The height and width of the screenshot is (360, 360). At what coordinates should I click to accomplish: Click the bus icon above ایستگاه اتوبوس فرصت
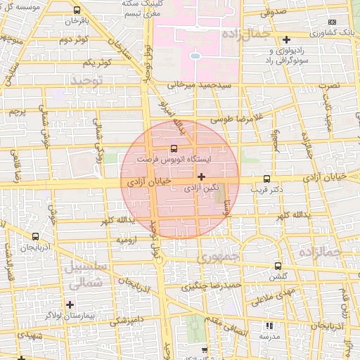tap(174, 148)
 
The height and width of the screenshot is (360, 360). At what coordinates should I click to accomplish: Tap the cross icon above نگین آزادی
tap(202, 176)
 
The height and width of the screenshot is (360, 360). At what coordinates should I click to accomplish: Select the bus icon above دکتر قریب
tap(266, 179)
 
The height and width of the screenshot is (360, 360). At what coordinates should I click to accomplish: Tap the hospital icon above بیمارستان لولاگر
tap(69, 304)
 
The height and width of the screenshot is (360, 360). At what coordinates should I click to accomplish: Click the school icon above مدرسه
tap(268, 326)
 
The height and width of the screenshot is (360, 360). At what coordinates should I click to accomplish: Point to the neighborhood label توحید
tap(86, 82)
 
